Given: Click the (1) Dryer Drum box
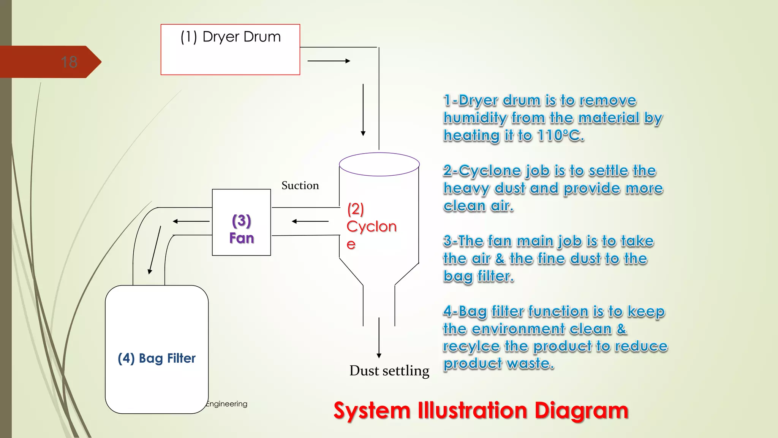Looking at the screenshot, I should coord(230,49).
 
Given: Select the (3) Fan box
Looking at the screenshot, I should coord(241,222).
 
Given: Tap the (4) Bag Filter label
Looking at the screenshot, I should coord(157,358).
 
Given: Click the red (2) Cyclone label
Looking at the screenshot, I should coord(371,226).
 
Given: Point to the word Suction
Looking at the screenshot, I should coord(300,186).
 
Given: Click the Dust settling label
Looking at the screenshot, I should coord(389,371).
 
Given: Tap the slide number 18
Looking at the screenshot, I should coord(69,62).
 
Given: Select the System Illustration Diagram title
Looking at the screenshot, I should coord(481,411).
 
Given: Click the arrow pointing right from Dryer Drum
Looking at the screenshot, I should coord(329,61).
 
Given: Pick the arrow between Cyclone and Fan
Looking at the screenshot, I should coord(310,221).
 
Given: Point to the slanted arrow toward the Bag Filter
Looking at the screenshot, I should coord(155,250).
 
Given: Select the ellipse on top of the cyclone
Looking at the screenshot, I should coord(379,164).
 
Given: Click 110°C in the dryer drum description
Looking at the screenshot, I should coord(560,135).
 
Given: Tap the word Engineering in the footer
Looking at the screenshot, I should coord(226,404).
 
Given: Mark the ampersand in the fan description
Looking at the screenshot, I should coord(500,259).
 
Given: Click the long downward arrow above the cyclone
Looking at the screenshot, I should coord(363,110).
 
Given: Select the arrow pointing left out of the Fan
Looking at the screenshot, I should coord(191,221).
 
